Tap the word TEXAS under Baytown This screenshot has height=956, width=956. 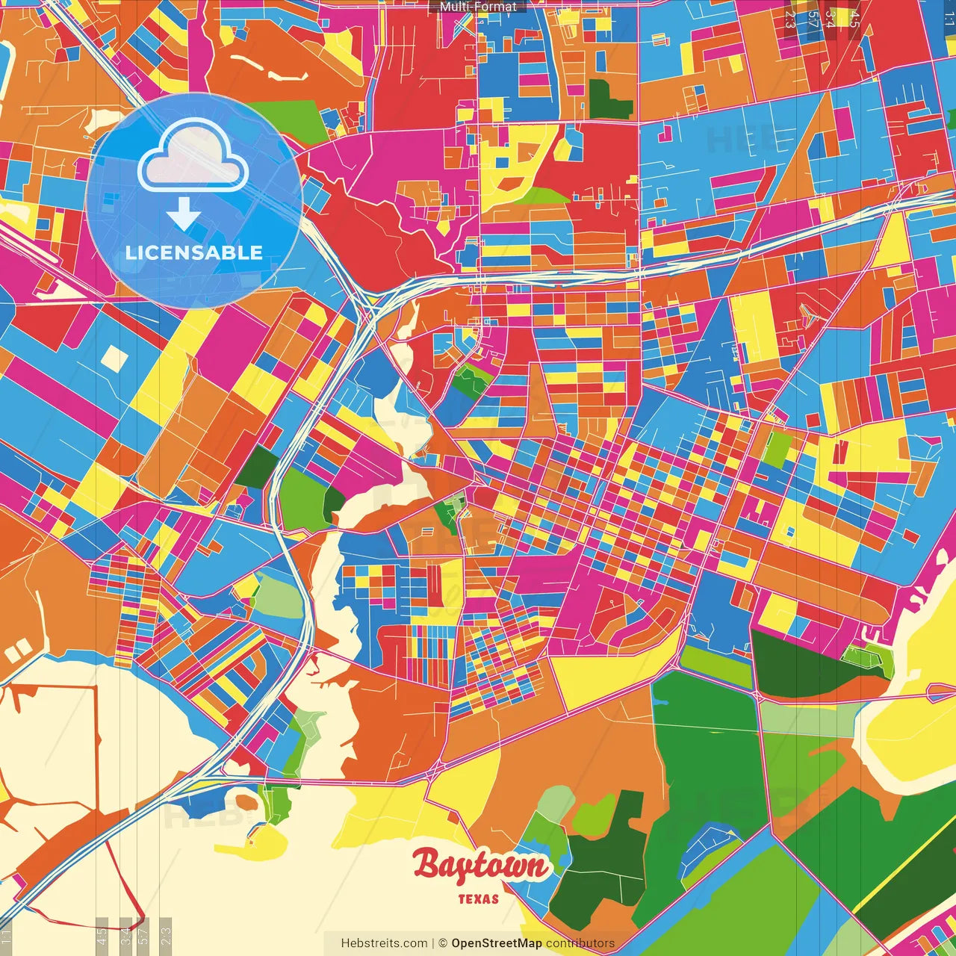pos(479,898)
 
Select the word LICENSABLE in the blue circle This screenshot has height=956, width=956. pos(194,252)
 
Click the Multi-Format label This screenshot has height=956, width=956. pos(478,7)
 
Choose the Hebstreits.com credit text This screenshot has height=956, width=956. pos(384,943)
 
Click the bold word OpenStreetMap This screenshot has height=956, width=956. pos(497,943)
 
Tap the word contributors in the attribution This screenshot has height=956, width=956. pos(580,943)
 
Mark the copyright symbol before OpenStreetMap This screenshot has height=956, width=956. pos(442,943)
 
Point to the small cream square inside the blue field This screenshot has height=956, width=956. pos(114,358)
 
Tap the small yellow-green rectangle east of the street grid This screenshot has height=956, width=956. pos(777,450)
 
